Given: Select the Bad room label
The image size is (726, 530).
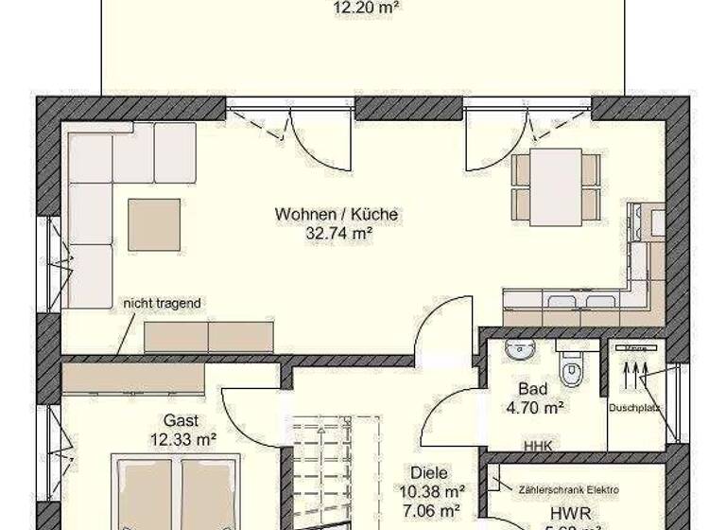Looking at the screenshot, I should coord(533,388).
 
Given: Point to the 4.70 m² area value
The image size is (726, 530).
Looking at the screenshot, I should coord(535,408).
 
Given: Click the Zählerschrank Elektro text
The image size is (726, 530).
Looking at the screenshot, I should coord(569,489).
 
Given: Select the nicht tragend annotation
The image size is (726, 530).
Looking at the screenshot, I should coord(161,303).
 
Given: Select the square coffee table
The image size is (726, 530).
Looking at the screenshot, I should coord(154,223).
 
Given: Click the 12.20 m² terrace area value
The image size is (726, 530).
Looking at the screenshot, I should coord(365,8).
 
